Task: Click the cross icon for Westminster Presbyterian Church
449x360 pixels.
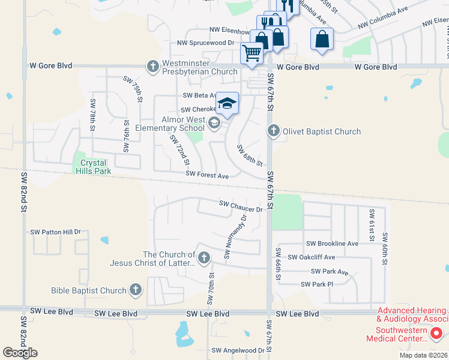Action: click(153, 66)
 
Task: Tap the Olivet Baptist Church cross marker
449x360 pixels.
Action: click(274, 131)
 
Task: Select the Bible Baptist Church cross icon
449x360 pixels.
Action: click(136, 290)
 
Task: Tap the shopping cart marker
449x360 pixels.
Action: click(252, 53)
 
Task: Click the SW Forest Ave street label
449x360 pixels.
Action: click(207, 176)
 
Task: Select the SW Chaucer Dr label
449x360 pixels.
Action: click(241, 206)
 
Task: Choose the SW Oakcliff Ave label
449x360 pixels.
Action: click(312, 257)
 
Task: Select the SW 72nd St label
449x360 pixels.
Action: click(179, 150)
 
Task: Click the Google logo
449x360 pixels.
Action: click(20, 353)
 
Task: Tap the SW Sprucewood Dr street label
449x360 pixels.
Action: click(205, 43)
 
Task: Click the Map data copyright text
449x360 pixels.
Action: click(423, 355)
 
